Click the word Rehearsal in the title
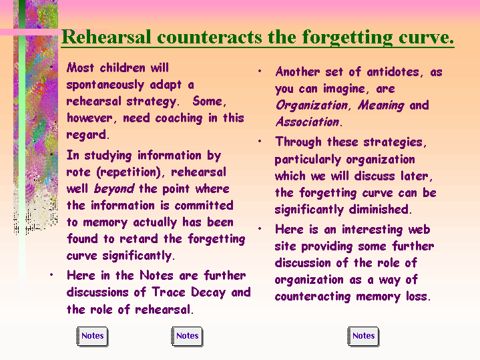106,37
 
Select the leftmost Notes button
92,337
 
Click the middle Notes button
187,337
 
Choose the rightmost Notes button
363,337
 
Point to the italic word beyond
114,189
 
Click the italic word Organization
312,106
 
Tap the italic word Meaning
381,106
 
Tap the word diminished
381,209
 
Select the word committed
204,205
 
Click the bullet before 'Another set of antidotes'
260,71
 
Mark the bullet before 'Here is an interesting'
260,228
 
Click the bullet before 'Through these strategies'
260,141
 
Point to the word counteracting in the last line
312,297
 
